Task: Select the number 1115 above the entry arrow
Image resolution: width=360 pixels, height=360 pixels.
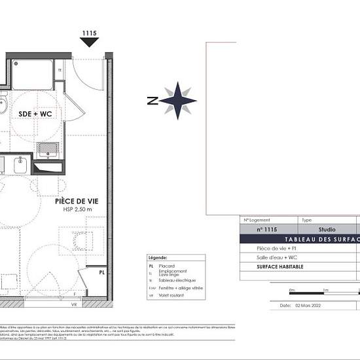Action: pyautogui.click(x=90, y=32)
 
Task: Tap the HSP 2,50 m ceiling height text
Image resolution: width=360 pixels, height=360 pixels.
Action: pyautogui.click(x=74, y=211)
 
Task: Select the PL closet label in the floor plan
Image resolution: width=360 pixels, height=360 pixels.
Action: pyautogui.click(x=102, y=272)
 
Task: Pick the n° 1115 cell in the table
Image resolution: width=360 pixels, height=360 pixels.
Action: pyautogui.click(x=267, y=230)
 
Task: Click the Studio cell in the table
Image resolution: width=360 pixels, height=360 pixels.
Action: pyautogui.click(x=327, y=230)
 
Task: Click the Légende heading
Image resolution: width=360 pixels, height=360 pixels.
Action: pyautogui.click(x=158, y=258)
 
